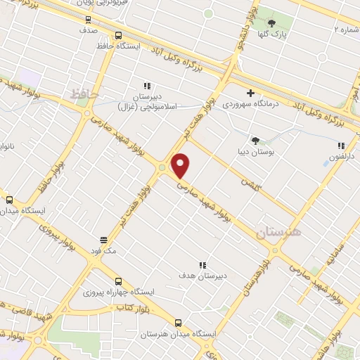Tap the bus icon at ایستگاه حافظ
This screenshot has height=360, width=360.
[x=117, y=34]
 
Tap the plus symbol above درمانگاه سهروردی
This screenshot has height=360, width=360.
[x=250, y=93]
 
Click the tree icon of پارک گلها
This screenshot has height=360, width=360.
[x=271, y=23]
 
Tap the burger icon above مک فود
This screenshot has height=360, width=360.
[x=103, y=239]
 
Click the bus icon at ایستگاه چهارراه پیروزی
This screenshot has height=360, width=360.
[x=117, y=279]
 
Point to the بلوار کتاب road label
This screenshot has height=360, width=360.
[x=133, y=308]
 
